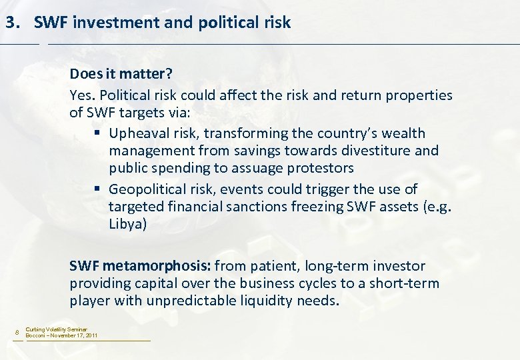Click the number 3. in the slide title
pyautogui.click(x=13, y=23)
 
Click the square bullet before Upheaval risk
pyautogui.click(x=98, y=133)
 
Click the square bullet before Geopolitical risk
pyautogui.click(x=98, y=189)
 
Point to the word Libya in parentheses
pyautogui.click(x=127, y=224)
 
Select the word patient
pyautogui.click(x=274, y=266)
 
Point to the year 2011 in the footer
pyautogui.click(x=91, y=335)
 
